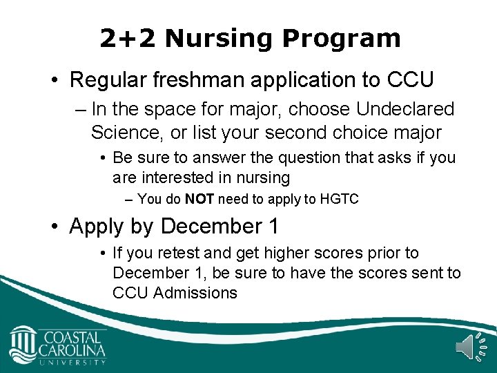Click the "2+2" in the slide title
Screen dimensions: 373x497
[x=127, y=39]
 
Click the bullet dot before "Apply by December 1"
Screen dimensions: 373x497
[x=57, y=227]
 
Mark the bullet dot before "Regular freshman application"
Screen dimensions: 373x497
[x=57, y=81]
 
